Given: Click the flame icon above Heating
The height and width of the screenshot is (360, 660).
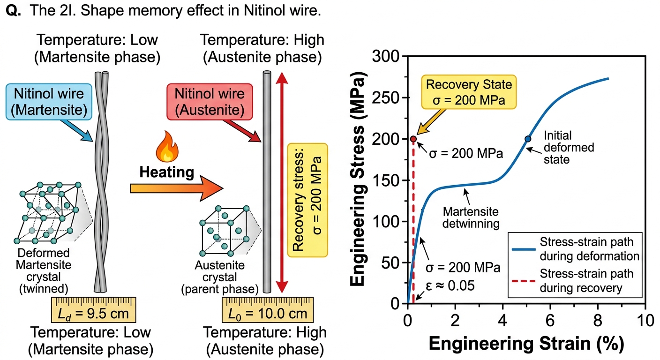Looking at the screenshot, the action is (x=167, y=146).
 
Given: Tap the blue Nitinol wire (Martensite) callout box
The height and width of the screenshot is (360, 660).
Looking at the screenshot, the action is (x=49, y=102).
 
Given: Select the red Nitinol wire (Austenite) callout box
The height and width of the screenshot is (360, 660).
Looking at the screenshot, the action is (x=210, y=102).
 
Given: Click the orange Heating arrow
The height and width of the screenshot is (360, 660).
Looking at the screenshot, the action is (x=177, y=188).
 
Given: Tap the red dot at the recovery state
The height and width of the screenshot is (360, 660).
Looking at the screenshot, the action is (x=413, y=139).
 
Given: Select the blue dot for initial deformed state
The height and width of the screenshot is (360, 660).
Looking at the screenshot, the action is (x=528, y=139).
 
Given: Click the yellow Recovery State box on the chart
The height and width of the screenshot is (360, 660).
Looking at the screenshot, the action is (x=469, y=92).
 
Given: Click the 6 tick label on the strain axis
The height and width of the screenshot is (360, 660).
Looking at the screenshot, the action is (x=550, y=320).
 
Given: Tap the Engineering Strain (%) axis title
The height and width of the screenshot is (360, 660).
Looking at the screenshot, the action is (x=526, y=344).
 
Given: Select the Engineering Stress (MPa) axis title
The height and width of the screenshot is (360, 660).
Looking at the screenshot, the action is (x=358, y=179).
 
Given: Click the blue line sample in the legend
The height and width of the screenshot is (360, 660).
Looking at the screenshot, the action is (x=524, y=249).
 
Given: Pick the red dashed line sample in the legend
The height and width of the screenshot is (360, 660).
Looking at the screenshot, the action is (x=524, y=281).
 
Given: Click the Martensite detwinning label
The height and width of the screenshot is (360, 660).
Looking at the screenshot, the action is (x=471, y=217).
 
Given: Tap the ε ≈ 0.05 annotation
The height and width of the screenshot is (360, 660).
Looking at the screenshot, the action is (x=450, y=285).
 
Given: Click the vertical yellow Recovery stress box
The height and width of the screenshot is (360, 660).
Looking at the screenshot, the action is (x=307, y=200).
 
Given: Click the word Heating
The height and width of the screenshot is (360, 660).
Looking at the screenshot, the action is (x=167, y=172).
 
